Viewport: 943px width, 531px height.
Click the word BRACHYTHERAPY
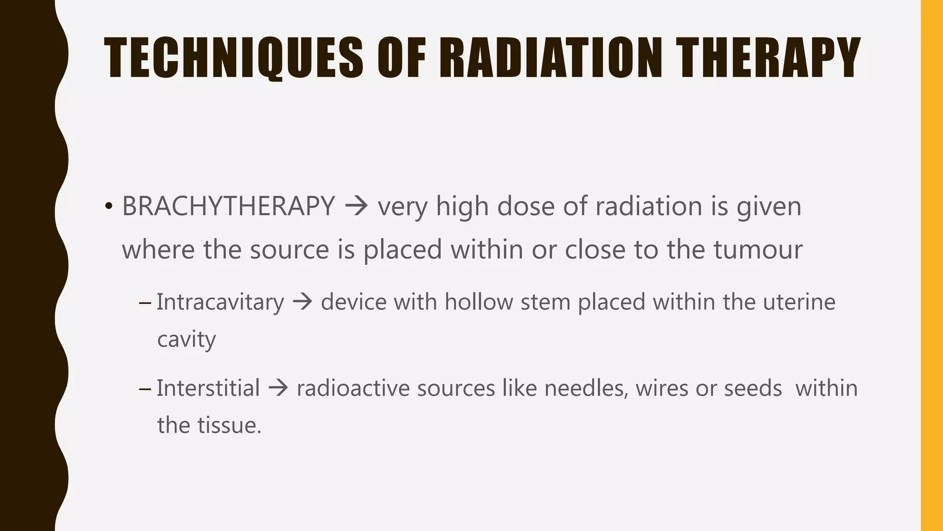(228, 206)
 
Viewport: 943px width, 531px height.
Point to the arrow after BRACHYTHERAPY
(356, 206)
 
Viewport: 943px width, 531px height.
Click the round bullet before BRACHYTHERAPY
(108, 206)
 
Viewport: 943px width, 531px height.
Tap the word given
(769, 207)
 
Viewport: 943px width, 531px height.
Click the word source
(289, 249)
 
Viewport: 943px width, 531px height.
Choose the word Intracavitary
(220, 302)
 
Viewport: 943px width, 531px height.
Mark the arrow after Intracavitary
(303, 302)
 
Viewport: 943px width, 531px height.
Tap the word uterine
(799, 302)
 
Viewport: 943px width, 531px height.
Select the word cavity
(186, 340)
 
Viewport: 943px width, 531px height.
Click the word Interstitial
(208, 388)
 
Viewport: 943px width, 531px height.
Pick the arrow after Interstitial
(278, 388)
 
